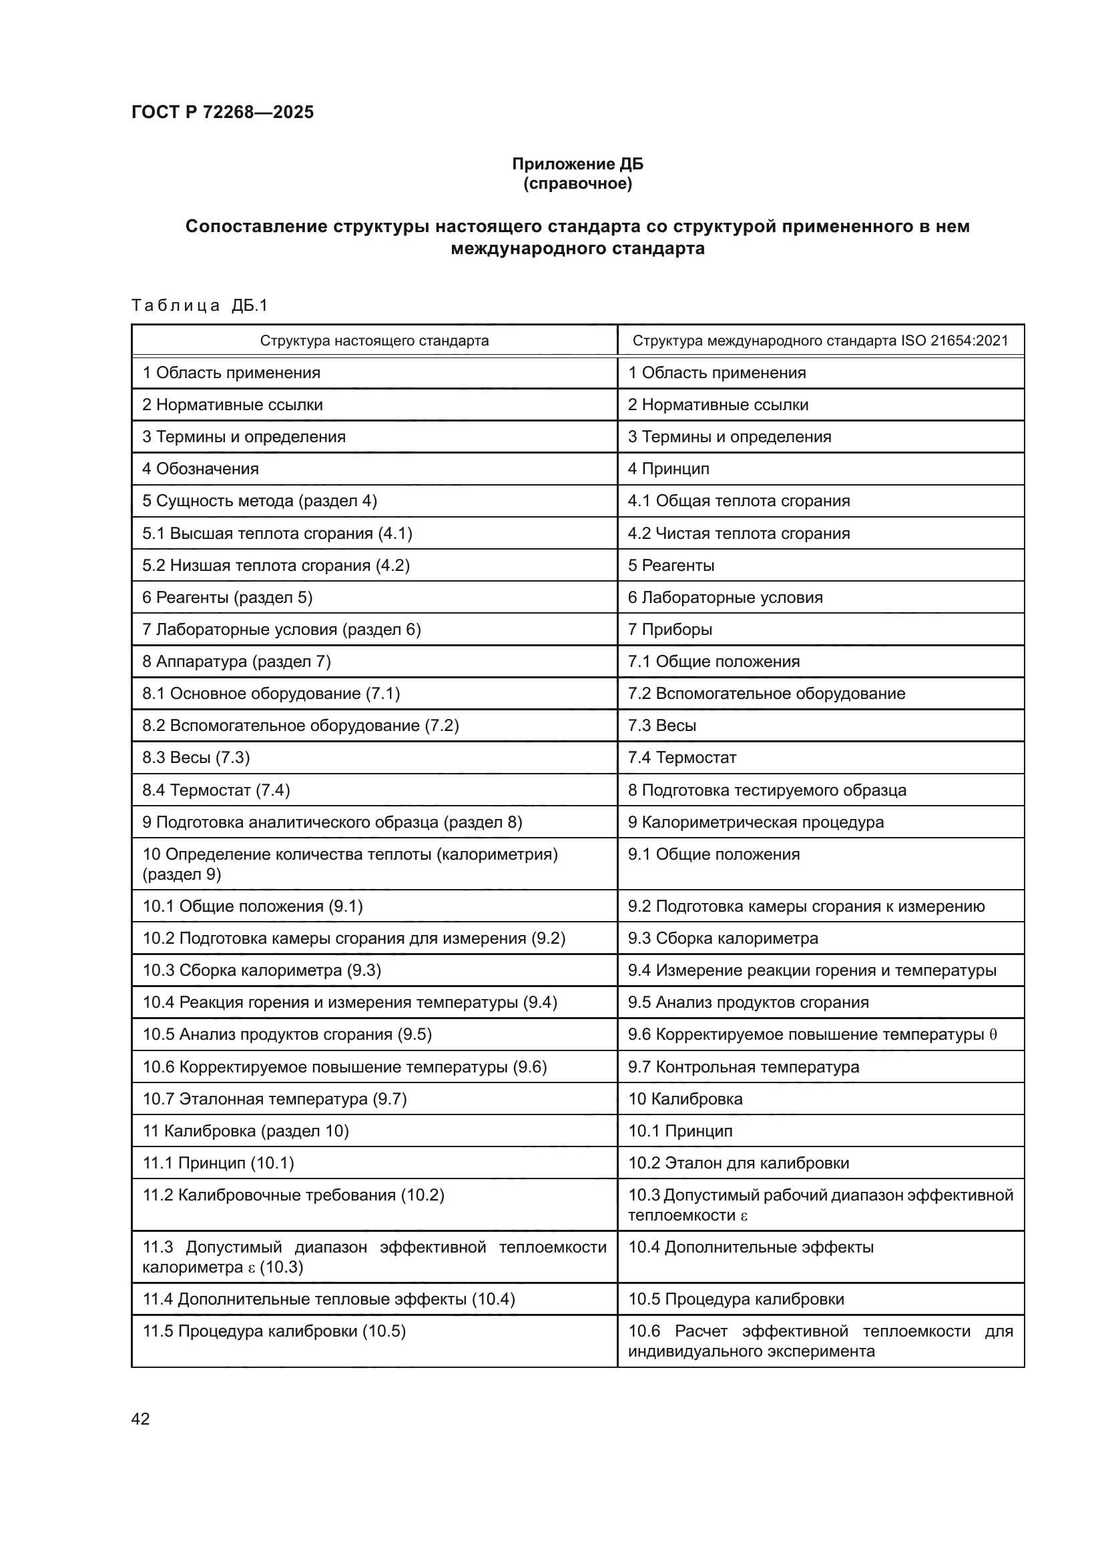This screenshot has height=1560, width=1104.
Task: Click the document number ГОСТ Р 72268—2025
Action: [222, 112]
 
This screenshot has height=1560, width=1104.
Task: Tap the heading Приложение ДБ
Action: [577, 164]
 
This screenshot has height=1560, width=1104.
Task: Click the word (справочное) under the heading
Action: [577, 184]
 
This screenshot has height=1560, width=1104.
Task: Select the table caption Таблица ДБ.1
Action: [199, 305]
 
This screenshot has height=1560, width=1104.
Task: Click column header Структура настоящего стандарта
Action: [374, 340]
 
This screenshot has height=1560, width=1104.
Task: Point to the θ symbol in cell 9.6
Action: [993, 1035]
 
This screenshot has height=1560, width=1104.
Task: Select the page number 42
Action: [141, 1419]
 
